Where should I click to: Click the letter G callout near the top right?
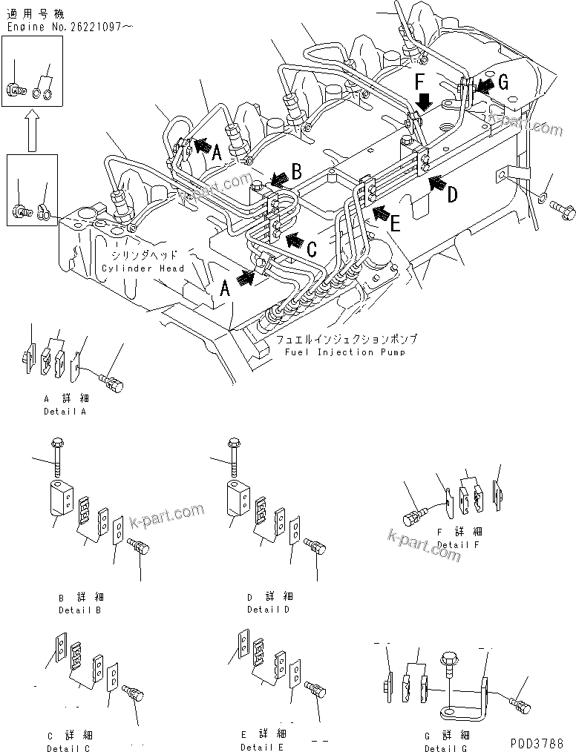coord(503,83)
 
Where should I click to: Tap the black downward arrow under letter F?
coord(421,100)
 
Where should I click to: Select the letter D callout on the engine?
coord(451,194)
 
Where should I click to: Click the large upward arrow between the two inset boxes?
coord(31,129)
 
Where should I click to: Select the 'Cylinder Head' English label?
coord(143,268)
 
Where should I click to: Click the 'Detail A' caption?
coord(64,412)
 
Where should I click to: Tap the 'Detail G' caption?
coord(445,748)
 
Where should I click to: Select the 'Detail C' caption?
coord(68,748)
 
